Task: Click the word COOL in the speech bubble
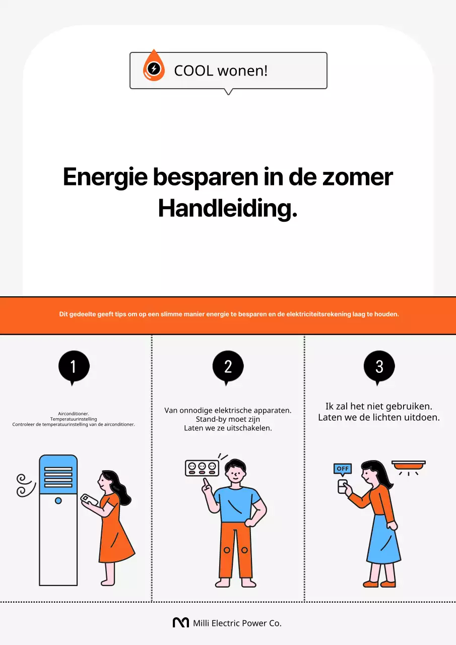(x=193, y=71)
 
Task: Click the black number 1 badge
(x=74, y=366)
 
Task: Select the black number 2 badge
(x=228, y=366)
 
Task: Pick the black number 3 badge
(x=379, y=366)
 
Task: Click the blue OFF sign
(x=343, y=469)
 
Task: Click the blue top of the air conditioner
(x=58, y=474)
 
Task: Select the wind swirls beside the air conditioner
(x=25, y=485)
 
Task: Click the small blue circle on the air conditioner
(x=58, y=500)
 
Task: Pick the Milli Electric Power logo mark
(x=180, y=623)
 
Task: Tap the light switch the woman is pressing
(x=343, y=486)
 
